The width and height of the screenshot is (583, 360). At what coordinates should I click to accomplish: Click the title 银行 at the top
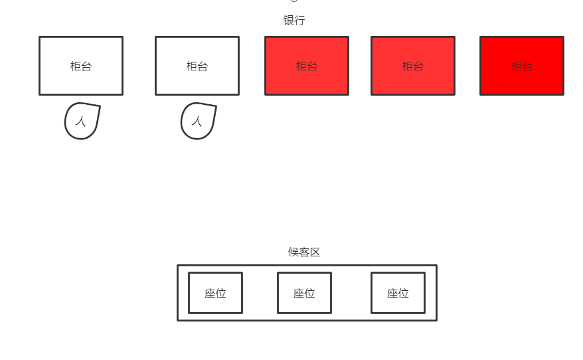coord(294,21)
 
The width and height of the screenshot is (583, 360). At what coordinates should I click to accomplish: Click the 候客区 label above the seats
coord(304,252)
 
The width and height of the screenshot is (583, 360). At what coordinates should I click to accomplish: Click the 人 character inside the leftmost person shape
coord(81,122)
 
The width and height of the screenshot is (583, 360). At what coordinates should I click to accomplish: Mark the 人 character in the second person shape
coord(197,122)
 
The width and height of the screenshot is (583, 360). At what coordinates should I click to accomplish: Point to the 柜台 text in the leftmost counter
coord(81,66)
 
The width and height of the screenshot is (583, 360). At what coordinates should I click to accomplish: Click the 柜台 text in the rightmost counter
coord(522,66)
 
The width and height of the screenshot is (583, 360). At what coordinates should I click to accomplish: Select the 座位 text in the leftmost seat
coord(215,294)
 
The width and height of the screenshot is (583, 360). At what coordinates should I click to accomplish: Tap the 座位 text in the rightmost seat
coord(398,294)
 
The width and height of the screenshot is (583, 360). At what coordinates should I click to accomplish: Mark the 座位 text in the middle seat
coord(304,294)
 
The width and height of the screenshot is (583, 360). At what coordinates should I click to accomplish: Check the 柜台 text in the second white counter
coord(197,66)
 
